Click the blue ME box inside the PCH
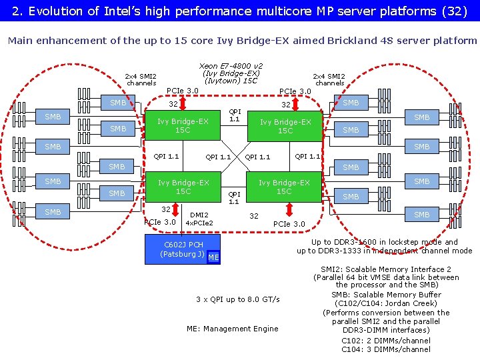[x=213, y=257]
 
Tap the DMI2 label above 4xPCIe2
[x=199, y=215]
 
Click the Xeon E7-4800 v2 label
[x=231, y=66]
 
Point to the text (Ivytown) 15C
[x=231, y=81]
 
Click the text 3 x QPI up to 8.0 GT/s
[x=238, y=299]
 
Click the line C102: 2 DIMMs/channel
[x=386, y=339]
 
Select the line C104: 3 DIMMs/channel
[x=386, y=349]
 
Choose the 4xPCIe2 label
[x=199, y=223]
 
